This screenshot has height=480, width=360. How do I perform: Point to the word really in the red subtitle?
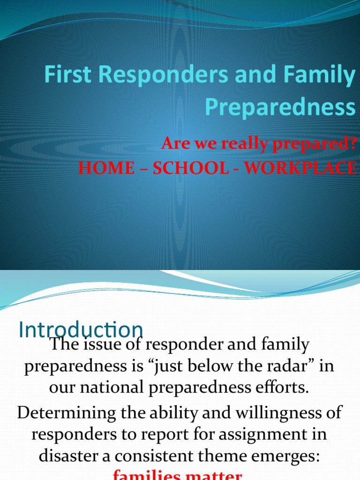[x=237, y=145]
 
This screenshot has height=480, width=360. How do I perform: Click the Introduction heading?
[x=81, y=330]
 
